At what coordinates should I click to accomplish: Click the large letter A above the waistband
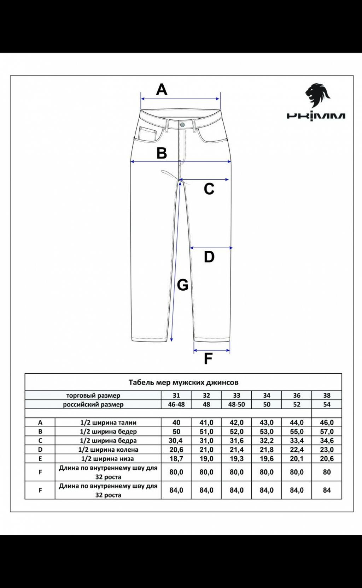[x=162, y=89]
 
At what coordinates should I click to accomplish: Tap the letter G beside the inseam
[x=182, y=285]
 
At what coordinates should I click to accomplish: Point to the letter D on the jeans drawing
[x=209, y=257]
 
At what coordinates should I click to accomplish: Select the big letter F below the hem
[x=208, y=358]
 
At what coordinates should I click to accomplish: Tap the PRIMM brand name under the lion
[x=316, y=116]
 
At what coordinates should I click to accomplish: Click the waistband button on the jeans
[x=182, y=125]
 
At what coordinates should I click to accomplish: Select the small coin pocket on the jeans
[x=148, y=134]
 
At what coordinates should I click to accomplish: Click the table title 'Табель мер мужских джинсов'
[x=183, y=382]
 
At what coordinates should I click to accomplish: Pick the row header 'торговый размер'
[x=93, y=396]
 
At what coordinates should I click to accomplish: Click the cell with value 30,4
[x=176, y=440]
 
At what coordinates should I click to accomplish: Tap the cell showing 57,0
[x=327, y=432]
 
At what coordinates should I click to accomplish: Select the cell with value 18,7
[x=176, y=459]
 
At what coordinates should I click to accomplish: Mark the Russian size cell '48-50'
[x=237, y=404]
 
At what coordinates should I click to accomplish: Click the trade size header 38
[x=327, y=396]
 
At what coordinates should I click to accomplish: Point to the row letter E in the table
[x=40, y=459]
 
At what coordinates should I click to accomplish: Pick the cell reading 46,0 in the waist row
[x=327, y=422]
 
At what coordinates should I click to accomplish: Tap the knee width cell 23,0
[x=327, y=450]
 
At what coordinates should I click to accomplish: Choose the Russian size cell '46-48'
[x=176, y=404]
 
